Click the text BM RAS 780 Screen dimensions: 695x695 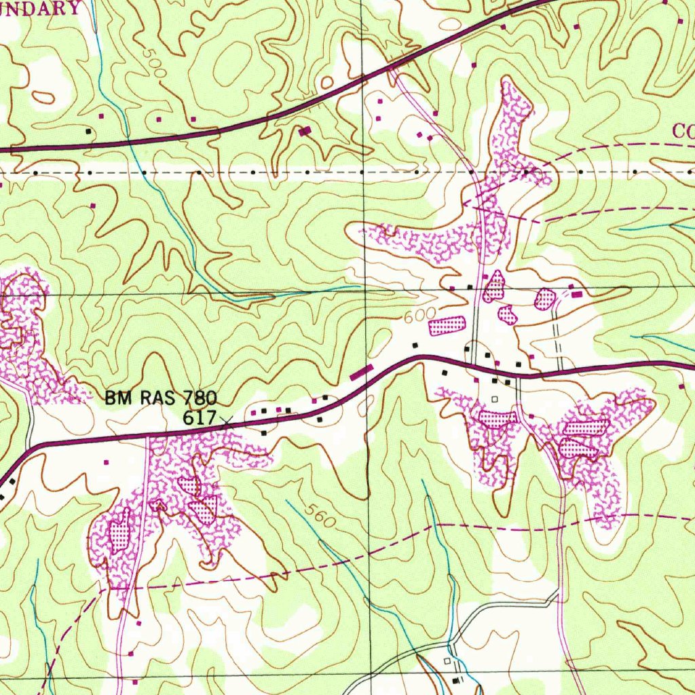tap(160, 398)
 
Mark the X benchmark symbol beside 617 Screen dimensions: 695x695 tap(226, 421)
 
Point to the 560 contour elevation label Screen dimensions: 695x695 tap(320, 518)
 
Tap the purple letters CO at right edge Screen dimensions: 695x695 tap(683, 130)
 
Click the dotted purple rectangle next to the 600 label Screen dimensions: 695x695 tap(447, 325)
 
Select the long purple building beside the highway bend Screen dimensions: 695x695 tap(361, 371)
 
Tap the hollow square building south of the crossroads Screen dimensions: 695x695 tap(494, 399)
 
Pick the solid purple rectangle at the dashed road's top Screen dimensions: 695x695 tap(576, 295)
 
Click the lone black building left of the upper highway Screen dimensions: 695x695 tap(88, 130)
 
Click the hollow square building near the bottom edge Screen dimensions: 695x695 tap(447, 660)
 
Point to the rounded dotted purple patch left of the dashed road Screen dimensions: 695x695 tap(544, 299)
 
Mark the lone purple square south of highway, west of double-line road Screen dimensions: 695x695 tap(106, 462)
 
